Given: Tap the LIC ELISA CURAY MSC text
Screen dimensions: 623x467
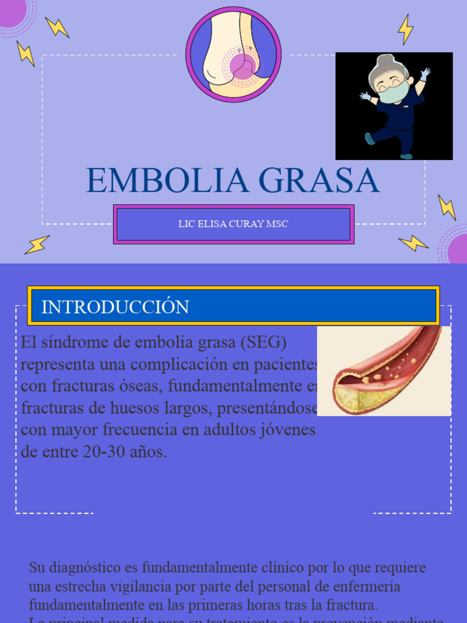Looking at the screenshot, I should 233,224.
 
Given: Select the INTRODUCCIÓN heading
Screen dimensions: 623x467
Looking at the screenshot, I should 115,307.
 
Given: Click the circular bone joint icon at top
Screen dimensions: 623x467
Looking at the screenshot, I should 233,55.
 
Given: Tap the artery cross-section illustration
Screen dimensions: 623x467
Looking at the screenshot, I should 384,371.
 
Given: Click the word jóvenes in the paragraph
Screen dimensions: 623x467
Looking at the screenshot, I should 287,430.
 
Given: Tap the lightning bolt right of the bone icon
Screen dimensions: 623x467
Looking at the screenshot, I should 406,29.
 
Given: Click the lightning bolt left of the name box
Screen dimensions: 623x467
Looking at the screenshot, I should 37,245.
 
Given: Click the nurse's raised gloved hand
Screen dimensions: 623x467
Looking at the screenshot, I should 425,74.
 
